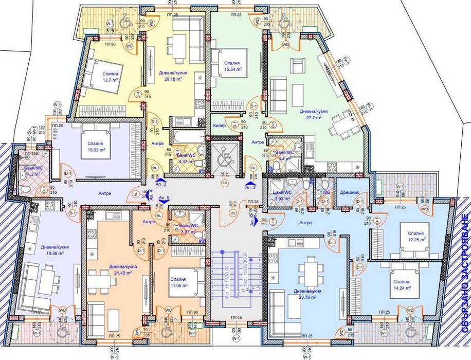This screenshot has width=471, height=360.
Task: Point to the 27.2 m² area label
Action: pos(311,117)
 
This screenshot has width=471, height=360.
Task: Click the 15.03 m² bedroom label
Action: pos(95,150)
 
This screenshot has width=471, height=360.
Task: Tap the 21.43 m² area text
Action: pos(122,273)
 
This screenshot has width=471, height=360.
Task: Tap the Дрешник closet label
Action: pos(349,192)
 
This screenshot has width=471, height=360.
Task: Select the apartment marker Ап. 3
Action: pos(160,184)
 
